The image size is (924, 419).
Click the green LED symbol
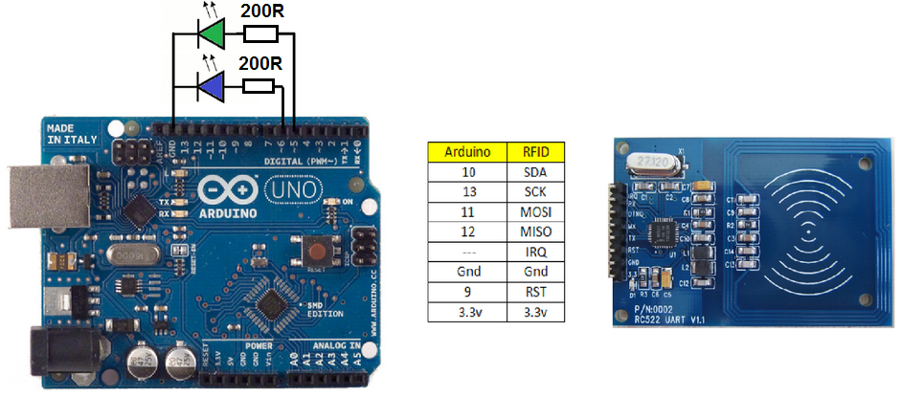pos(212,34)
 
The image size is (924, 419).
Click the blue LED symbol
pos(212,88)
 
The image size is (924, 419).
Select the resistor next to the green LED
pos(260,34)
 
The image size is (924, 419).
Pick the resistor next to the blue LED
pos(259,87)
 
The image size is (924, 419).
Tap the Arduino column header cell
pos(468,151)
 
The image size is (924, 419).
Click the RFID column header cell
pos(537,151)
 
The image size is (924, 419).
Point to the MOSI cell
pos(537,211)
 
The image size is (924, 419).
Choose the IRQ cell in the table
pos(537,252)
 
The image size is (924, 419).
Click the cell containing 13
pos(468,190)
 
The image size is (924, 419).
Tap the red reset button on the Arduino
pos(316,252)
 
